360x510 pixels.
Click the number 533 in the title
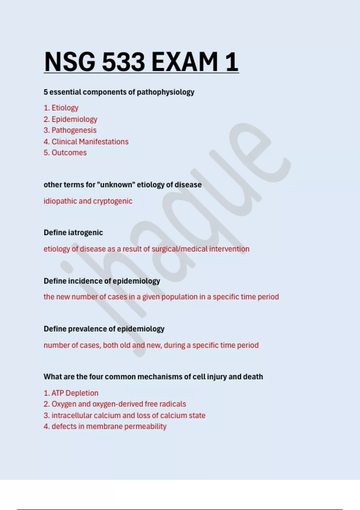click(123, 62)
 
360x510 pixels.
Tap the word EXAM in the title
click(185, 62)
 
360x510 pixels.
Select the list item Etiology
click(65, 108)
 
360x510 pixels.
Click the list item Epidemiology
click(74, 119)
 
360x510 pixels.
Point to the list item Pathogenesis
click(74, 130)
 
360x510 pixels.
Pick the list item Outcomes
click(69, 153)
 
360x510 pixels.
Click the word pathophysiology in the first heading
click(166, 92)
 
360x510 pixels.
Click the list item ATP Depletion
click(75, 393)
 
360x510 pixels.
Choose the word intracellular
click(72, 415)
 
